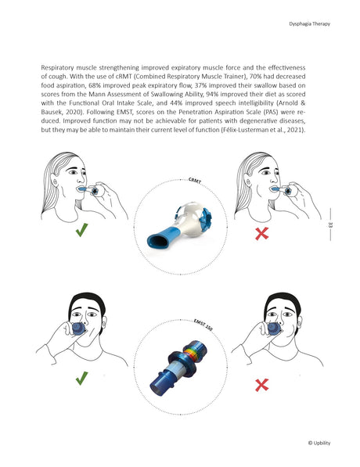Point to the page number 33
tap(331, 226)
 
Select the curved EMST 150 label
tap(204, 323)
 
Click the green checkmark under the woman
tap(81, 232)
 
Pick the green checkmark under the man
tap(81, 379)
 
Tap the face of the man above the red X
tap(283, 317)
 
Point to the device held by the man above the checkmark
tap(80, 329)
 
